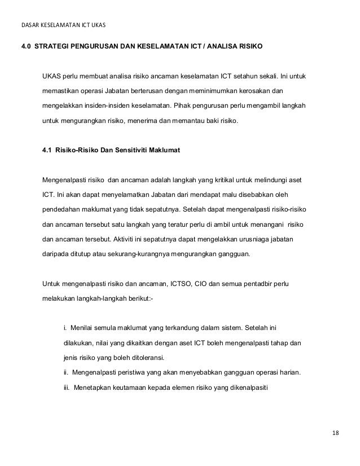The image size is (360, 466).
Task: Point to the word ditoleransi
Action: (143, 357)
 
